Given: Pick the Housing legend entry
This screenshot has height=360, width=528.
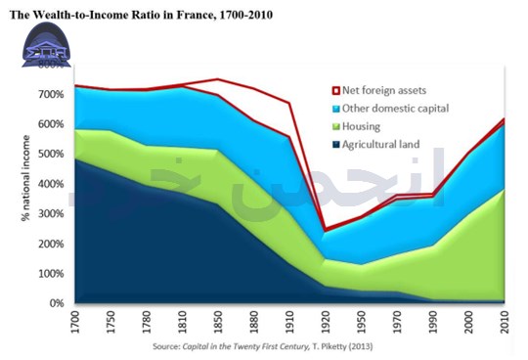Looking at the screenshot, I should pos(364,126).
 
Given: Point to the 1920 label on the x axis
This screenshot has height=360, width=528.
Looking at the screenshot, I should pos(325,320).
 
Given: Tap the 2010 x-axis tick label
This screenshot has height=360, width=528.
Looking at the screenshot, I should pos(504,320).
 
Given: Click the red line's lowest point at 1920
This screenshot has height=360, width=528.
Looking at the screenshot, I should pos(325,231).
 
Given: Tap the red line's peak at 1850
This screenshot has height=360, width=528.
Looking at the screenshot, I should pos(217,79).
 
